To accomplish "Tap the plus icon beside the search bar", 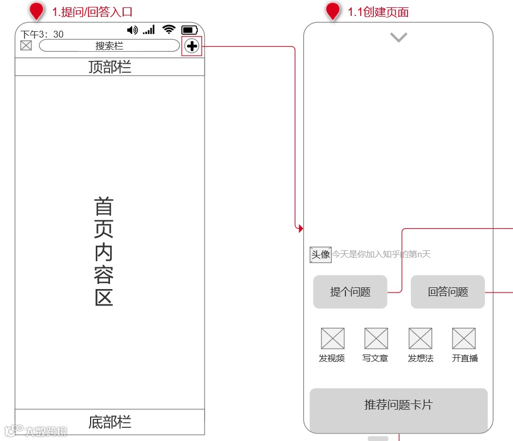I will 192,46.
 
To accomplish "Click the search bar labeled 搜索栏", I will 109,46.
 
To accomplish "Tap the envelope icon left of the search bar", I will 26,46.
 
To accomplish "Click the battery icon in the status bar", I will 189,30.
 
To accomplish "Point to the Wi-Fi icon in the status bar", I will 168,30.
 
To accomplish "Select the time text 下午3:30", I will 42,35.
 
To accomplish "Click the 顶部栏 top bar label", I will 109,67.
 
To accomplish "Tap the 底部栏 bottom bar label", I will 109,422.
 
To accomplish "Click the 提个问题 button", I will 350,292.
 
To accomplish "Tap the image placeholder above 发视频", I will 332,339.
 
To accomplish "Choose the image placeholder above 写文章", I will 376,339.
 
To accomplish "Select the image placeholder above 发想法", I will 420,339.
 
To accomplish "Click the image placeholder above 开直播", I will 464,339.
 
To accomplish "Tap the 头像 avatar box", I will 320,254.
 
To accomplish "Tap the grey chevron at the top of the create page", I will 398,38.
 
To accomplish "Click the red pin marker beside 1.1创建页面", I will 333,11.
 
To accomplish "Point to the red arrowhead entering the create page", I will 300,228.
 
